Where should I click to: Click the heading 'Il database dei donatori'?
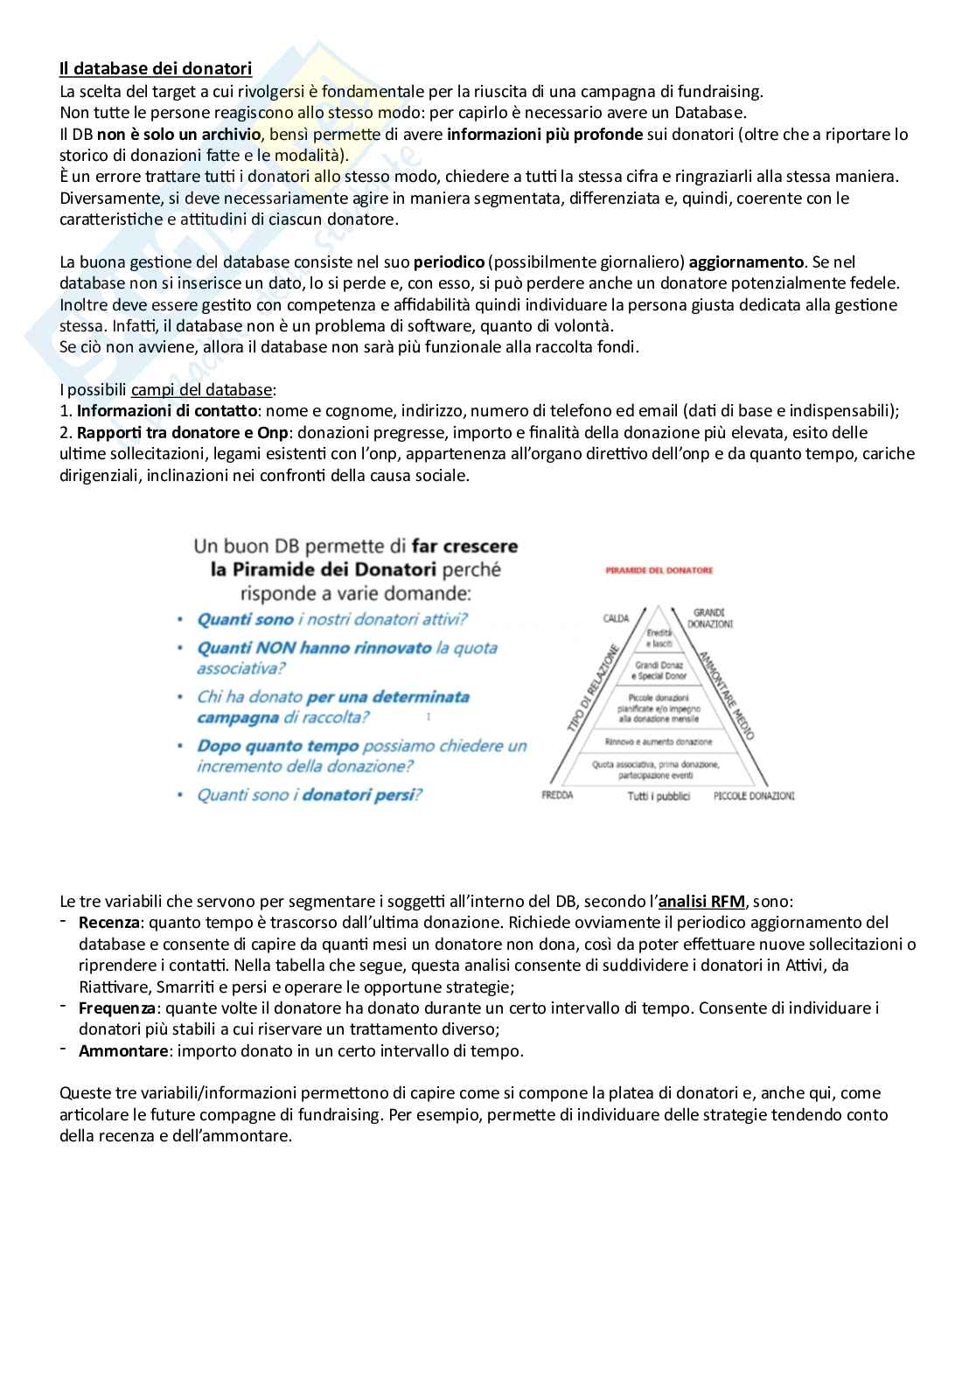(156, 68)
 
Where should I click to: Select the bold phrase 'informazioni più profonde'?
(544, 134)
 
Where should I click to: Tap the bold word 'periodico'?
(449, 262)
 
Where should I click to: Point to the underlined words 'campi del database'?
(202, 389)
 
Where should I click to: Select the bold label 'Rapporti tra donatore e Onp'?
(183, 432)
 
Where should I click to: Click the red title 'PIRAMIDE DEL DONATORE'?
(659, 570)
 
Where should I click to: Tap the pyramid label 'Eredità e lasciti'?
(659, 638)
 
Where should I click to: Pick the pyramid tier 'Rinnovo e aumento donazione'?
(659, 742)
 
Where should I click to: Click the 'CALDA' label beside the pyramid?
(616, 618)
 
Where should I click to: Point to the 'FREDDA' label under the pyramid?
(557, 796)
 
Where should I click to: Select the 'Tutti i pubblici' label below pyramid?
(659, 796)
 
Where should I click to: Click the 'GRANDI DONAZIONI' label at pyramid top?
(709, 618)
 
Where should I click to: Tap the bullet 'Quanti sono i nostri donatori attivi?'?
(331, 619)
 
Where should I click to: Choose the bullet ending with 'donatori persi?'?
(310, 795)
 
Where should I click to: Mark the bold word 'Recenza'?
(109, 922)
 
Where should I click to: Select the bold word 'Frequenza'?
(116, 1008)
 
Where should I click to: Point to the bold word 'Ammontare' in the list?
(122, 1050)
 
